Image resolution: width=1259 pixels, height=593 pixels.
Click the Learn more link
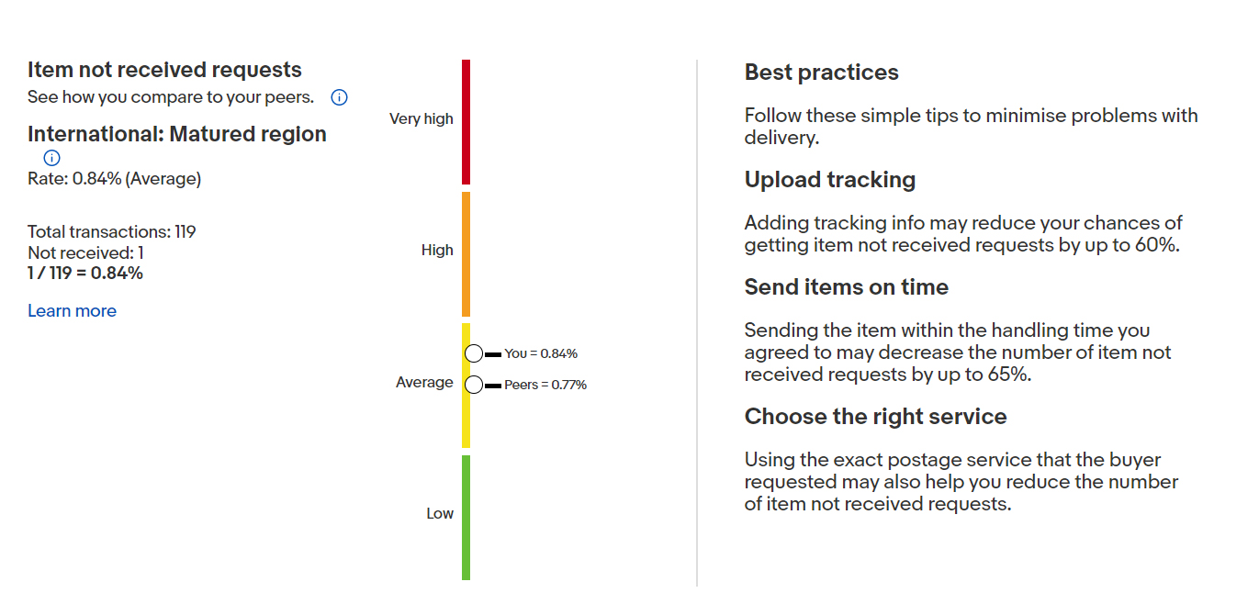pyautogui.click(x=72, y=311)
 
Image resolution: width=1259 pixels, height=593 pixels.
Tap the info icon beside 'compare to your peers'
pyautogui.click(x=339, y=97)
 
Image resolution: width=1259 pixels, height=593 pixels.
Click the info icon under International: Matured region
pyautogui.click(x=51, y=158)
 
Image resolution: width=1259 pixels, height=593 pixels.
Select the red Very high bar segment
pyautogui.click(x=466, y=122)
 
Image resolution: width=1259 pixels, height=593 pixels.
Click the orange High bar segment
pyautogui.click(x=466, y=254)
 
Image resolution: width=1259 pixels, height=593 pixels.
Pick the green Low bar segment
pyautogui.click(x=466, y=518)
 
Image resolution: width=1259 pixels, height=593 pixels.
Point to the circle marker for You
pyautogui.click(x=474, y=353)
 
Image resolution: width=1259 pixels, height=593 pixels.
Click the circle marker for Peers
pyautogui.click(x=474, y=385)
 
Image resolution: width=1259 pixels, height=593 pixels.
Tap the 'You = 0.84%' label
pyautogui.click(x=541, y=353)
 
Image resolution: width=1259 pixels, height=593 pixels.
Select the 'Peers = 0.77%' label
pyautogui.click(x=545, y=385)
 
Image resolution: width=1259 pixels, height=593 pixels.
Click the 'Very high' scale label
pyautogui.click(x=421, y=119)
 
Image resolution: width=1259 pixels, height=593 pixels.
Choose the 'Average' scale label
pyautogui.click(x=424, y=382)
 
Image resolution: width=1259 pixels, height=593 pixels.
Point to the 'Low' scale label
pyautogui.click(x=440, y=514)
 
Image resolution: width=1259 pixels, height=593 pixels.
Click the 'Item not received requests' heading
pyautogui.click(x=164, y=70)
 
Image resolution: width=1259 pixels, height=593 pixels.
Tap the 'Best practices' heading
pyautogui.click(x=822, y=73)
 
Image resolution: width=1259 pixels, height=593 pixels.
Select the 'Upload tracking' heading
pyautogui.click(x=830, y=180)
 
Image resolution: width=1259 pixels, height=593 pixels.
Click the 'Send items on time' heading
pyautogui.click(x=847, y=287)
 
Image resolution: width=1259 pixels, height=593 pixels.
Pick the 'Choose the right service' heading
pyautogui.click(x=876, y=417)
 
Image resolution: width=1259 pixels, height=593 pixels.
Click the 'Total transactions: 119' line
pyautogui.click(x=112, y=231)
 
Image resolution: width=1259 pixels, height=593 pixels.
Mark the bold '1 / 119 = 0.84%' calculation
pyautogui.click(x=85, y=274)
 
